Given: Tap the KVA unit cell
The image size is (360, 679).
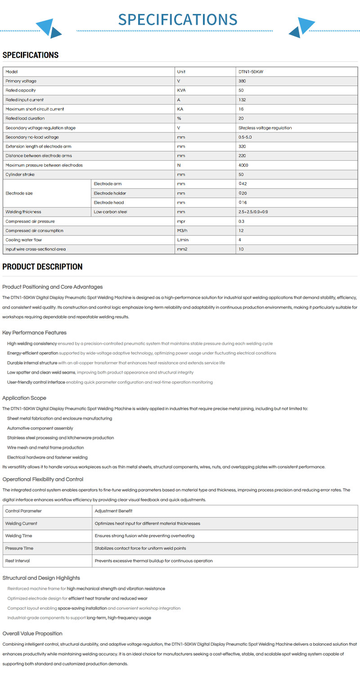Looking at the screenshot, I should pyautogui.click(x=182, y=91).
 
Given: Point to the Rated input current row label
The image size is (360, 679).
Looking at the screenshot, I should pyautogui.click(x=25, y=100).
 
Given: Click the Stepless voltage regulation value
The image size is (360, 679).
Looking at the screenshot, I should pyautogui.click(x=265, y=128).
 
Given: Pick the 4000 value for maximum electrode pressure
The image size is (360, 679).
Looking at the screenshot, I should pyautogui.click(x=243, y=165).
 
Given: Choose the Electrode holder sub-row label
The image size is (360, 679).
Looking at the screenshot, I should pyautogui.click(x=110, y=193).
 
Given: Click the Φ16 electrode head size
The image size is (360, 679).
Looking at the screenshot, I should pyautogui.click(x=243, y=203).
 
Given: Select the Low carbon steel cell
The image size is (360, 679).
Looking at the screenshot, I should pyautogui.click(x=110, y=212).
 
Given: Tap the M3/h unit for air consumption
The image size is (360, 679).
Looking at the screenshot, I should pyautogui.click(x=183, y=231).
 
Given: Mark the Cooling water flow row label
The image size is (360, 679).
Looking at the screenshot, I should pyautogui.click(x=24, y=240).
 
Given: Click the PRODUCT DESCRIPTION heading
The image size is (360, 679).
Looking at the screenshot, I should pyautogui.click(x=42, y=267).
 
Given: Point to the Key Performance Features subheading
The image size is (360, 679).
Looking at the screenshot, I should pyautogui.click(x=34, y=333).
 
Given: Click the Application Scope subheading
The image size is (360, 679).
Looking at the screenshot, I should pyautogui.click(x=24, y=398).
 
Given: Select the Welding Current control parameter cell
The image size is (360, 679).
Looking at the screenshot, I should pyautogui.click(x=21, y=524).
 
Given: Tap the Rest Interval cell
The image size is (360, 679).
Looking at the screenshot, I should pyautogui.click(x=18, y=561).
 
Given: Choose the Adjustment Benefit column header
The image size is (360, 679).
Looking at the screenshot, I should pyautogui.click(x=113, y=511).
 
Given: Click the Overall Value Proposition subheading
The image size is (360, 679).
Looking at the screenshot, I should pyautogui.click(x=32, y=634).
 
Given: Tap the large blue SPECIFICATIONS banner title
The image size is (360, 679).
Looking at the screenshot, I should pyautogui.click(x=178, y=19).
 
